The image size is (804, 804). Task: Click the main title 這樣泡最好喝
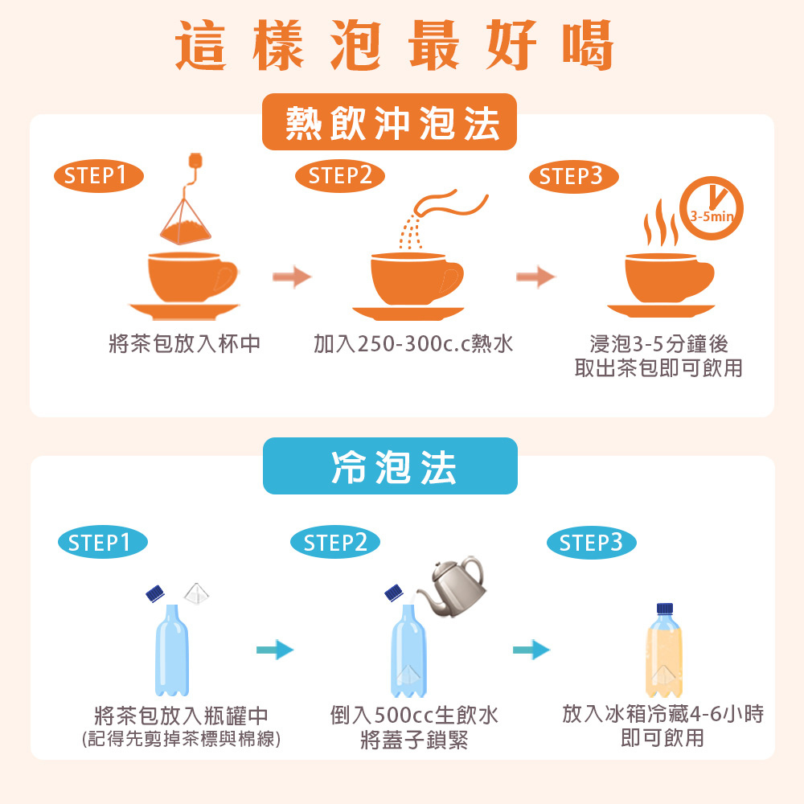(x=394, y=45)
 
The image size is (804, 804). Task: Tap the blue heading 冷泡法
(x=390, y=466)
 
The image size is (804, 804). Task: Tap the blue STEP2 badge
(x=335, y=544)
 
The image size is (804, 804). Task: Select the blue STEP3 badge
(x=591, y=544)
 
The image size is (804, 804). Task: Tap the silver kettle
(x=452, y=585)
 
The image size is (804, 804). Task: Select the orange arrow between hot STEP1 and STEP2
(x=291, y=277)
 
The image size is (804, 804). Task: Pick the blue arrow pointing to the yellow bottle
(x=531, y=649)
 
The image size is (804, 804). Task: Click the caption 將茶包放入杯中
(x=185, y=345)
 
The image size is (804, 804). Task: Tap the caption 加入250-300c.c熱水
(x=413, y=345)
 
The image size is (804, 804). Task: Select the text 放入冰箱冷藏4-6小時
(x=662, y=713)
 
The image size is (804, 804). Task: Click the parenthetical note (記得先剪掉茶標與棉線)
(x=182, y=739)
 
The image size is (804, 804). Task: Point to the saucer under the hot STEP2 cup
(x=408, y=313)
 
